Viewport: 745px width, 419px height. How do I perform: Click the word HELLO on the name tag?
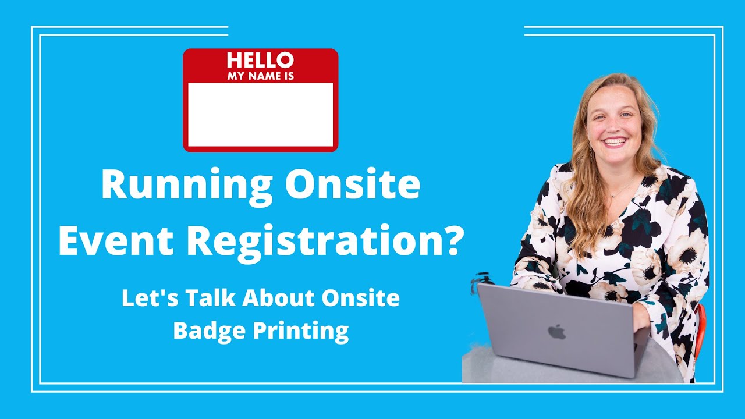click(260, 59)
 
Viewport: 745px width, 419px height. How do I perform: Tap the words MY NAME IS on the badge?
click(260, 75)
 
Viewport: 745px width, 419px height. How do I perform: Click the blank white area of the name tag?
click(260, 114)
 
